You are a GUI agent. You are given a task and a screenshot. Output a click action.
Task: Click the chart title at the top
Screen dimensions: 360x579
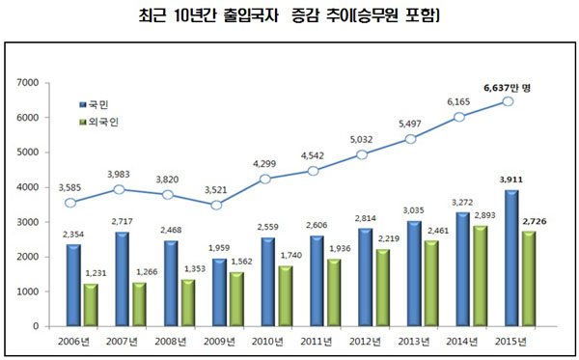pyautogui.click(x=289, y=15)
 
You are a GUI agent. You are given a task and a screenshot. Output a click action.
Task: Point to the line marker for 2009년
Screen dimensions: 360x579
pyautogui.click(x=215, y=205)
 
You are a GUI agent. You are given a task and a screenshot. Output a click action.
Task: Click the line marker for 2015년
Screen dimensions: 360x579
pyautogui.click(x=508, y=99)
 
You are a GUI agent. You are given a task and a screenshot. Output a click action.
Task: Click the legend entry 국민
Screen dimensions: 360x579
pyautogui.click(x=94, y=101)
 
